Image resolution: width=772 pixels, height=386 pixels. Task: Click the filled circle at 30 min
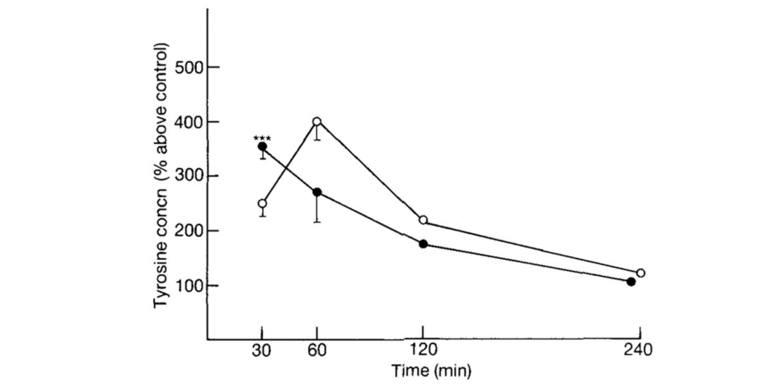tap(262, 147)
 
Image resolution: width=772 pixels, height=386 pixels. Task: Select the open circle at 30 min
tap(262, 204)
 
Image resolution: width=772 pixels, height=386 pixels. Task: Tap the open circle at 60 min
tap(317, 122)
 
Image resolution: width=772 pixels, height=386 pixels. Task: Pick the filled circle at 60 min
tap(317, 192)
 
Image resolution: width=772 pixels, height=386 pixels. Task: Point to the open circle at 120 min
tap(423, 220)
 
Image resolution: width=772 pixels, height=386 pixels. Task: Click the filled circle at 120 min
tap(423, 244)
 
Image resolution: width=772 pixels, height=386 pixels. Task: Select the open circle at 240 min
tap(640, 273)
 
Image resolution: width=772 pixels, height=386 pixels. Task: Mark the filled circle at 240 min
tap(631, 281)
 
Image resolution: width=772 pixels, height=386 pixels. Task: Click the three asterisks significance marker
tap(262, 138)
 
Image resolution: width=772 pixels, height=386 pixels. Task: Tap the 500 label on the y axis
tap(187, 67)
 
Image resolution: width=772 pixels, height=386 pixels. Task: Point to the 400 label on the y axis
tap(187, 122)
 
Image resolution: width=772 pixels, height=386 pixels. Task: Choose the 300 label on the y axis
tap(187, 176)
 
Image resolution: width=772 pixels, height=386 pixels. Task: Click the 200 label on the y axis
tap(187, 231)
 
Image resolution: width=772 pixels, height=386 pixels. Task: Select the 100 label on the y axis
tap(187, 285)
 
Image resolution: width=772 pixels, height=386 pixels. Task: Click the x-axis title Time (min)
tap(432, 371)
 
